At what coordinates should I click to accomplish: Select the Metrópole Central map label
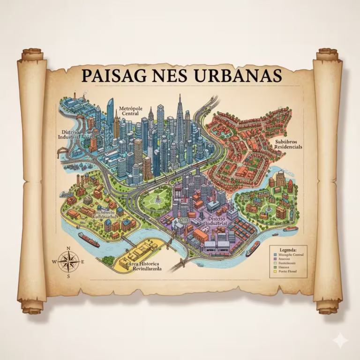point(130,110)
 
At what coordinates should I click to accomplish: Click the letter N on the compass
point(68,248)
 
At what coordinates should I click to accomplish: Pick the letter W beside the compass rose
point(54,262)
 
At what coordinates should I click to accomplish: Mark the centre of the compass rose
point(68,262)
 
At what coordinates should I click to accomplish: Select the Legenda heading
point(287,250)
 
